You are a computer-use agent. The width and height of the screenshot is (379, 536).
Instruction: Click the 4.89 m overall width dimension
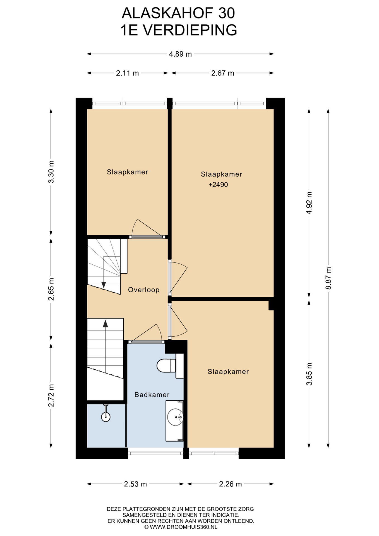tap(180, 54)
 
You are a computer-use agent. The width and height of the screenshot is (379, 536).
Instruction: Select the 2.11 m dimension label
tap(127, 73)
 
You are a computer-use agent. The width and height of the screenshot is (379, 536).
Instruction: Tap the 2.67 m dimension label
tap(222, 73)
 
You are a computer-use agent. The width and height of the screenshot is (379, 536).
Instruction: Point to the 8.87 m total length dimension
tap(328, 278)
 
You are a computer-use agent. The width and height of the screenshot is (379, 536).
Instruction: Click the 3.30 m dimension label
tap(51, 172)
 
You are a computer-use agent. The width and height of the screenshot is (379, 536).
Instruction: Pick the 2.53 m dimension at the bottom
tap(135, 484)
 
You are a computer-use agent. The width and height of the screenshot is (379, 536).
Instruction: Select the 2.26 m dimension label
tap(230, 484)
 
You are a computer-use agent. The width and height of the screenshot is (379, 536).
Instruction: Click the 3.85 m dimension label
tap(309, 374)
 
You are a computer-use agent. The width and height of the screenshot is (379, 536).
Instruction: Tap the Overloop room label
tap(144, 290)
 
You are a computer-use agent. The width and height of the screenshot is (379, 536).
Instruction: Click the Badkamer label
tap(152, 394)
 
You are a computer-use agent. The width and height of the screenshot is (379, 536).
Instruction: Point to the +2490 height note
tap(218, 185)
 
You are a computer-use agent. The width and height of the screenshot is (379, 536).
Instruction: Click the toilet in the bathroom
tap(170, 366)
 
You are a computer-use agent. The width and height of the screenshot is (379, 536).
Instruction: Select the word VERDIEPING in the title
tap(190, 30)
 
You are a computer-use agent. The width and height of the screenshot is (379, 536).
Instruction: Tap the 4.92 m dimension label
tap(309, 203)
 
